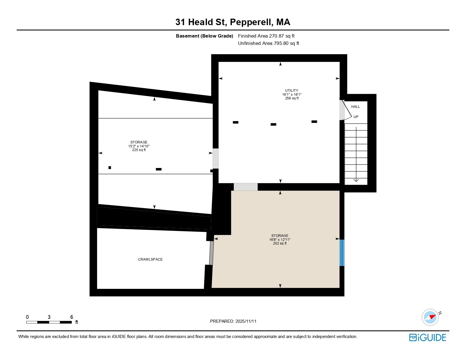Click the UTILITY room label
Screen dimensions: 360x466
pos(291,91)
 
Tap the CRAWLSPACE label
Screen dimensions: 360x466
pos(150,259)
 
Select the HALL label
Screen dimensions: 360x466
pos(356,106)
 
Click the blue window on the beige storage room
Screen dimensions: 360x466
pos(342,253)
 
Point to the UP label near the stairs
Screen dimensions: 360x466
pos(356,117)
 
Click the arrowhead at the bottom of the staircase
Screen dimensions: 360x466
pos(356,180)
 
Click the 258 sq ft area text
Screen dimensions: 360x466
pos(291,98)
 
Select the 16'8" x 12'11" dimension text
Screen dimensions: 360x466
pos(280,239)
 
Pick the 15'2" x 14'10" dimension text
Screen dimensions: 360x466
pos(139,146)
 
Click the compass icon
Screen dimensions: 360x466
pos(430,317)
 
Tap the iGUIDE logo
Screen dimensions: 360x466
pos(428,337)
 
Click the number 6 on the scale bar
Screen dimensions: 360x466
pos(71,317)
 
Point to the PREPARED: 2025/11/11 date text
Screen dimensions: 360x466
pos(233,321)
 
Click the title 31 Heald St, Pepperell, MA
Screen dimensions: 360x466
pos(233,22)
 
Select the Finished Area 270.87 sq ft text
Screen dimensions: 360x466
pos(266,36)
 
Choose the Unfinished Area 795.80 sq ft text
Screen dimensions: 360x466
pos(268,43)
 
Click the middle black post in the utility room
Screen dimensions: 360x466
pos(273,124)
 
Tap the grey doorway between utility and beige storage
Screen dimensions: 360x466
pos(245,187)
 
